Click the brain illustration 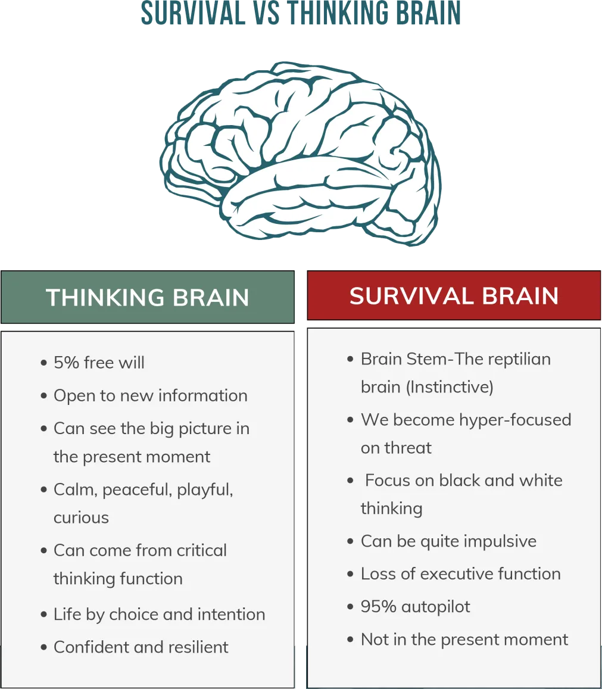[301, 152]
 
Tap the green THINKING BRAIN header [147, 297]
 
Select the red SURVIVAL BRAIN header [454, 296]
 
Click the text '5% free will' [99, 363]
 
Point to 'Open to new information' [150, 395]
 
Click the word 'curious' [81, 517]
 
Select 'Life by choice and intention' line [159, 614]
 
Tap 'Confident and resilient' [141, 647]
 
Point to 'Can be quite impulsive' [448, 541]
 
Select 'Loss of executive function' [460, 573]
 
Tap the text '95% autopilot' [415, 607]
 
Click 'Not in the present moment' [464, 640]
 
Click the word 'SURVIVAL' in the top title [193, 13]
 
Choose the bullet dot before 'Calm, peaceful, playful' [44, 490]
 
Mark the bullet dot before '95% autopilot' [351, 607]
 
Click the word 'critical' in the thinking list [199, 550]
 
